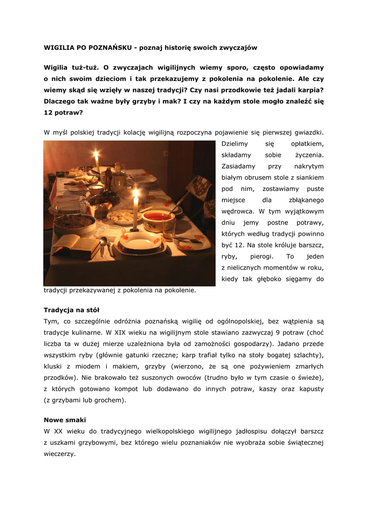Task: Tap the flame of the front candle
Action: point(136,193)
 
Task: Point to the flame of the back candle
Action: point(96,154)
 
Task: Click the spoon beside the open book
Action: point(104,246)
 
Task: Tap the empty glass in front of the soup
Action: point(169,229)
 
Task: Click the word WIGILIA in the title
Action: point(59,48)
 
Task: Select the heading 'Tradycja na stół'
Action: point(71,309)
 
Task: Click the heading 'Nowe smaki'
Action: point(65,420)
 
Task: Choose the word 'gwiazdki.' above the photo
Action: point(306,133)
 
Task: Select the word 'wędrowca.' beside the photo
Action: point(238,211)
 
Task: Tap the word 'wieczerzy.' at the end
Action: point(59,454)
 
